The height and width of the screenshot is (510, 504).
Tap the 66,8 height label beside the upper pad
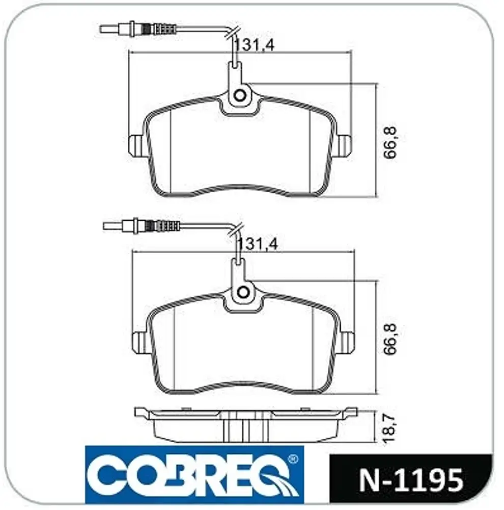[x=389, y=142]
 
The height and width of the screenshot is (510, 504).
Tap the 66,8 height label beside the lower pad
[x=389, y=339]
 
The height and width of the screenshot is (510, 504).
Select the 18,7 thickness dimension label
[x=389, y=427]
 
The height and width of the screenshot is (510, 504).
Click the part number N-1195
[x=411, y=480]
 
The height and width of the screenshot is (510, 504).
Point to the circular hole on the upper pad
[x=240, y=95]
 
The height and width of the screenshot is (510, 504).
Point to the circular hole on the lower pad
[x=243, y=292]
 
